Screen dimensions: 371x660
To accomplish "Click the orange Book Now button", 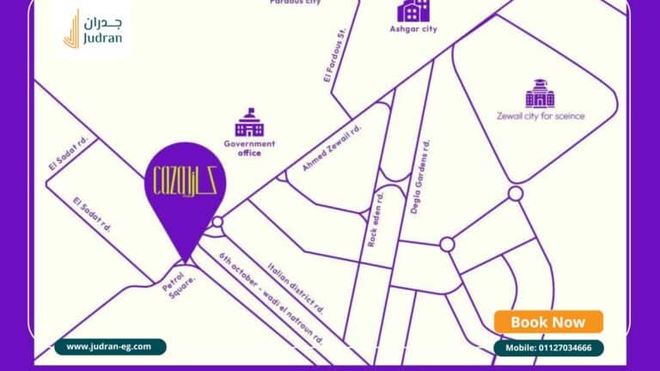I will tap(548, 322).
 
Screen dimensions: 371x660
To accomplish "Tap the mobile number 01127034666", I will tap(548, 348).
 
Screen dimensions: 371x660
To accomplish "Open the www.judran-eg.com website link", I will tap(109, 347).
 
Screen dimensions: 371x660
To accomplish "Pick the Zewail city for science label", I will tap(541, 116).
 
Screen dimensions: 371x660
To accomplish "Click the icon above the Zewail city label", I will tap(540, 93).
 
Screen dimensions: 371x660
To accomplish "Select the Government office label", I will tap(249, 149).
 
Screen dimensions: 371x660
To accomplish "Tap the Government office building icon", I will tap(249, 124).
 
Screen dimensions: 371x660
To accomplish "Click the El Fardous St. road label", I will tap(334, 54).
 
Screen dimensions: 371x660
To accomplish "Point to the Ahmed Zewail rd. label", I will tap(332, 148).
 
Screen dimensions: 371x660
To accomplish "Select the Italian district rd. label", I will tap(296, 287).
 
